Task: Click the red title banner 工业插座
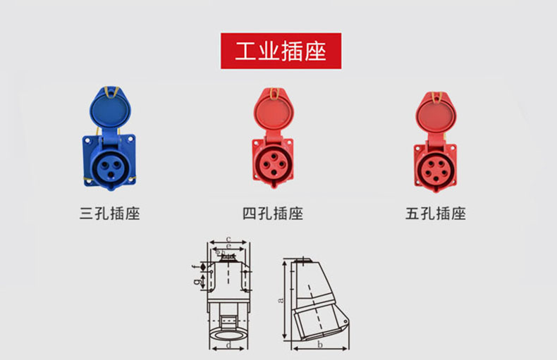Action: pos(281,51)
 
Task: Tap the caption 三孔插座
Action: pos(110,213)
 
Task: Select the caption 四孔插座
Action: pos(273,213)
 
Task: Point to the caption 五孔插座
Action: pos(436,213)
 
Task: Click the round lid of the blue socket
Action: pos(110,109)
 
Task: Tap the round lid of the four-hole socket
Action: pos(274,110)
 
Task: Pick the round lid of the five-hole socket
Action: pos(436,113)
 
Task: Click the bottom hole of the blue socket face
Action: pos(111,174)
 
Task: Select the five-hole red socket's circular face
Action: pos(436,169)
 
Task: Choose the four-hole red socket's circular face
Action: pos(274,164)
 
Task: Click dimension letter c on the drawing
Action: pos(228,239)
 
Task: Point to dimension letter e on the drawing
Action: pos(228,246)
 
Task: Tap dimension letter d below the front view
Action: pos(228,345)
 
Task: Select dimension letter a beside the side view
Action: pos(281,300)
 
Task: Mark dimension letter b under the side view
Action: pos(319,345)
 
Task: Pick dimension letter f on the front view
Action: pos(195,266)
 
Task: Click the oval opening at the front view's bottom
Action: pos(228,335)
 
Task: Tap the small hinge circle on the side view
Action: pos(345,321)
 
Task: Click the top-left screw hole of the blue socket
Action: pos(87,141)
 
